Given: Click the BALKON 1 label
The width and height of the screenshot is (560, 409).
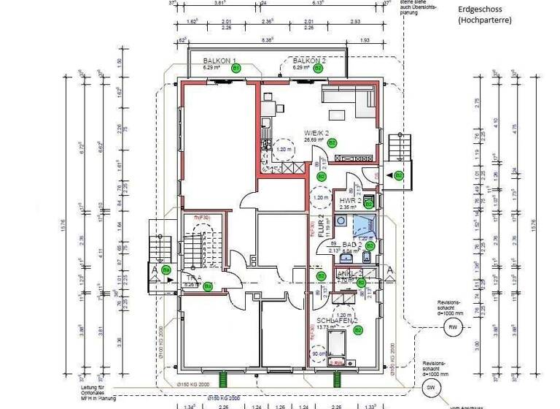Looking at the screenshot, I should (x=219, y=60).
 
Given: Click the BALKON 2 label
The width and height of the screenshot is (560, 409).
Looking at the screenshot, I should (x=308, y=60).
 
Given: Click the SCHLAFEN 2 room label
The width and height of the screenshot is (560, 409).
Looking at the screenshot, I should (x=337, y=321).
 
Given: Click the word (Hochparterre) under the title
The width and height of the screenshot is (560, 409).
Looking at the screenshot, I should (x=485, y=20).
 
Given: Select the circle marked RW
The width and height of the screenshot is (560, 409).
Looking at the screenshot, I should (x=454, y=327).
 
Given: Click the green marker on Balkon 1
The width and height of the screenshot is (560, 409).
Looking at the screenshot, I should (x=236, y=67).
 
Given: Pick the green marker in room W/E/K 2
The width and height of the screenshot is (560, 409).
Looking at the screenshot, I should (x=332, y=142).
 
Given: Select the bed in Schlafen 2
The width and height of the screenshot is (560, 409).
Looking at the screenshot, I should (x=338, y=349).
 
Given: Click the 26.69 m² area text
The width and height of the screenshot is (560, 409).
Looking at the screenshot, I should (x=314, y=139).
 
